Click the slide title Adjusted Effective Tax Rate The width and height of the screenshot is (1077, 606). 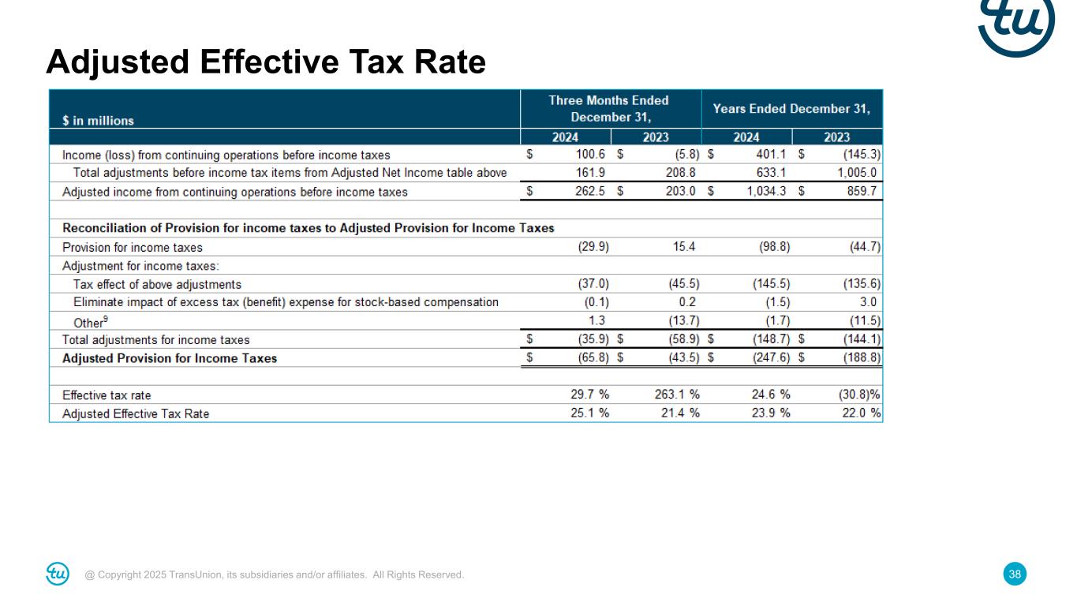[265, 62]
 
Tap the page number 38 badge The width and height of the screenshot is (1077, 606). [1015, 574]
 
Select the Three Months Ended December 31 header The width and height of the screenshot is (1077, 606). [610, 109]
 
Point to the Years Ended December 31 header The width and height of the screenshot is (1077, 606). [791, 109]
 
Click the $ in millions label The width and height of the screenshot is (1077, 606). [98, 121]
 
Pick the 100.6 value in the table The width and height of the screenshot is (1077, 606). [589, 155]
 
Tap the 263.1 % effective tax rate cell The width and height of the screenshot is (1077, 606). [677, 395]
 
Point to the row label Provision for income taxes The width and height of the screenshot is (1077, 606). [132, 247]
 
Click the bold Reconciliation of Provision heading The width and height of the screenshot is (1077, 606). [308, 228]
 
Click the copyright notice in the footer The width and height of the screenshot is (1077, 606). [275, 575]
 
